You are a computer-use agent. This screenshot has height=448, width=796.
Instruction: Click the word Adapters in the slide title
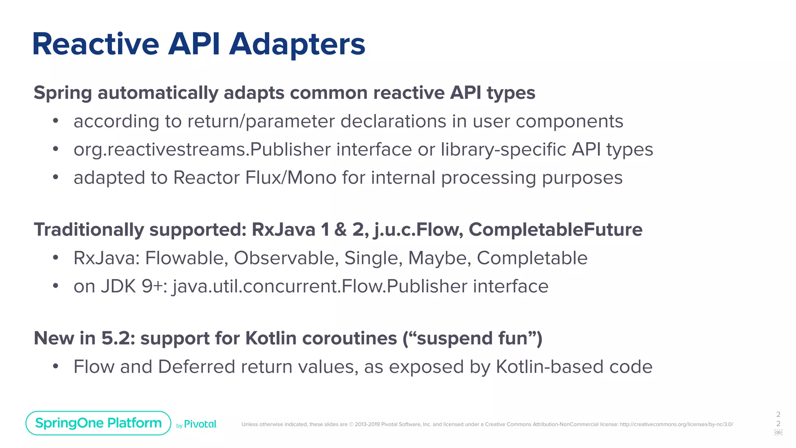tap(297, 44)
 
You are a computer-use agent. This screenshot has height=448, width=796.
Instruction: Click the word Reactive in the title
tap(96, 44)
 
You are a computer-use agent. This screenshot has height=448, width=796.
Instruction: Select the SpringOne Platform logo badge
tap(98, 423)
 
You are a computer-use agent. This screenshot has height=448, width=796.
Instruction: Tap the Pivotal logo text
tap(200, 424)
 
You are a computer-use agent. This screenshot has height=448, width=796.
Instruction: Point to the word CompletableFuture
tap(555, 229)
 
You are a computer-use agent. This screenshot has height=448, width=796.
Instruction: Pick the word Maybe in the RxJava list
tap(439, 258)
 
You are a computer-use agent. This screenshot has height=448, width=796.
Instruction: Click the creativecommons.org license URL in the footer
tap(676, 424)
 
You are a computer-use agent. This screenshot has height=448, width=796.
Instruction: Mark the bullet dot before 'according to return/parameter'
tap(56, 121)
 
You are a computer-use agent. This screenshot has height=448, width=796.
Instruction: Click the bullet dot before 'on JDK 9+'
tap(56, 286)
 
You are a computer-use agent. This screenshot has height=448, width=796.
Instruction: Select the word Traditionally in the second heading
tap(89, 229)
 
